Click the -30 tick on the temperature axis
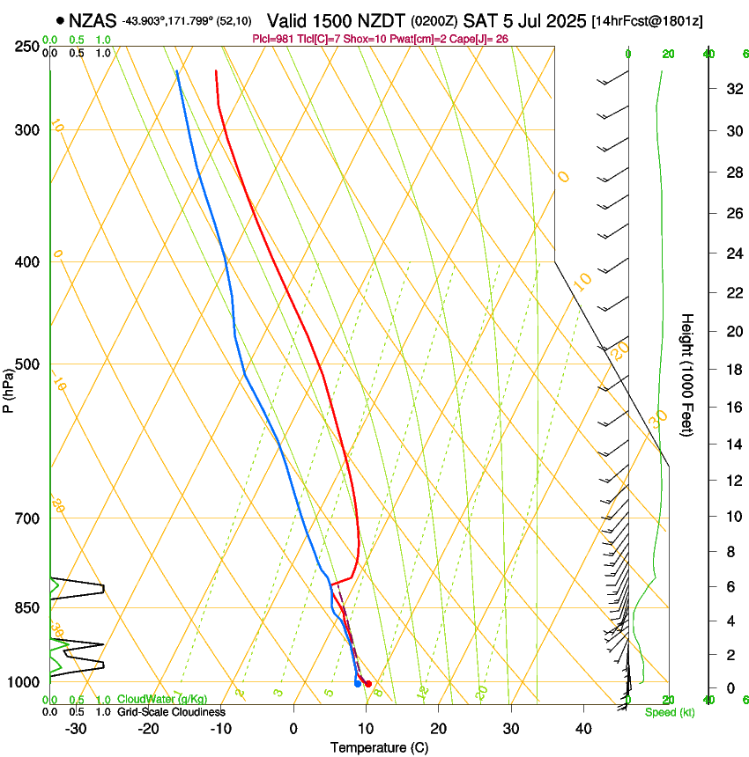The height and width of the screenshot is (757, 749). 76,729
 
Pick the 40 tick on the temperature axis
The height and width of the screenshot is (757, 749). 583,729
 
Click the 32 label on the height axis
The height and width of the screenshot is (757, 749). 731,89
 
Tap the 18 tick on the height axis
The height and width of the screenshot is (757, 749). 731,370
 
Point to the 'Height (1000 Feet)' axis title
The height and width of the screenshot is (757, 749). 688,375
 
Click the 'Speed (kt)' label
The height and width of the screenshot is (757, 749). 669,712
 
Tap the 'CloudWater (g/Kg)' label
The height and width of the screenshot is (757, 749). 162,699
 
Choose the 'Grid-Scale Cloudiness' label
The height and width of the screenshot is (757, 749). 171,711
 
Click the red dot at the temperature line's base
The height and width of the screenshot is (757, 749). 368,684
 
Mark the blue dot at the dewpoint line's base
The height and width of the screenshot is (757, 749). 357,683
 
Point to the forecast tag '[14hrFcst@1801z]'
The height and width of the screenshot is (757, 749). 647,20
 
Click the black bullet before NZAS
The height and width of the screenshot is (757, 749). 60,19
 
